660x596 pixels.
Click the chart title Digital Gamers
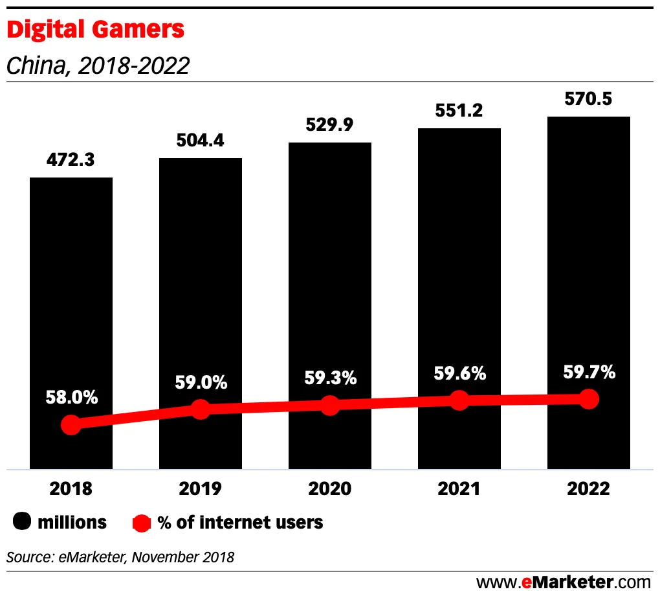[x=95, y=30]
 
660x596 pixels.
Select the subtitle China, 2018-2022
[x=98, y=65]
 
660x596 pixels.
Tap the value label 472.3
[x=71, y=160]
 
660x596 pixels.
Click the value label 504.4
[x=200, y=141]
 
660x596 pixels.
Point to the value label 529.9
[x=329, y=125]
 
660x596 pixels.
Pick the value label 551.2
[x=459, y=111]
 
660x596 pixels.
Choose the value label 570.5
[x=588, y=99]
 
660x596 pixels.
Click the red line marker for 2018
[x=71, y=425]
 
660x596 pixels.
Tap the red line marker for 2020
[x=330, y=406]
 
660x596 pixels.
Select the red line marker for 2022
[x=588, y=399]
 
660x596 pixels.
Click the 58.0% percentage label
[x=71, y=397]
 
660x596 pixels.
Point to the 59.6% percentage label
[x=459, y=373]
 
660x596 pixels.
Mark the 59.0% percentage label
[x=201, y=382]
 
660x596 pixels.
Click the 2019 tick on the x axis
[x=201, y=488]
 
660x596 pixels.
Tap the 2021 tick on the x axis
[x=459, y=488]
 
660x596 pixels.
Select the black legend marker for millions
[x=23, y=522]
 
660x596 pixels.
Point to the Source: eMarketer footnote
[x=120, y=556]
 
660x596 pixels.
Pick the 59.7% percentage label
[x=588, y=372]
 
